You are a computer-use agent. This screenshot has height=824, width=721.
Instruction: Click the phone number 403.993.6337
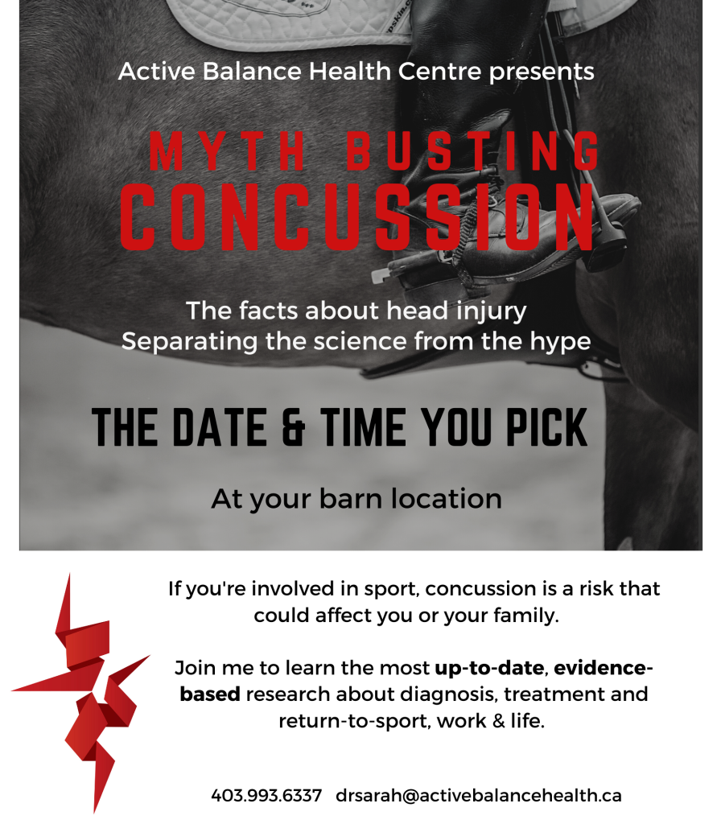[266, 795]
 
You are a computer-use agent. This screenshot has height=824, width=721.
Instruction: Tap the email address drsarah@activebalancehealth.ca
[478, 795]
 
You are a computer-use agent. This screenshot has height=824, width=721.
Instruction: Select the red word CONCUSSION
[357, 216]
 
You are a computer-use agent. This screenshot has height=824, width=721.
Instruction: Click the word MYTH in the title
[228, 151]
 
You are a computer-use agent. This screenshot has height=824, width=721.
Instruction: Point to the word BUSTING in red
[472, 151]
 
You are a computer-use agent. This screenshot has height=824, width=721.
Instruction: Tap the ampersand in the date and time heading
[293, 427]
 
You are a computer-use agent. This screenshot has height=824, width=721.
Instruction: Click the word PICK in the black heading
[546, 427]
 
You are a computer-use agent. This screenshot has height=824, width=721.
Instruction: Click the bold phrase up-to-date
[489, 669]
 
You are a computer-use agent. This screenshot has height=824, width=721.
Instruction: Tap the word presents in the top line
[542, 72]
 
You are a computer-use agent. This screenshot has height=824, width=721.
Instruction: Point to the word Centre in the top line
[439, 72]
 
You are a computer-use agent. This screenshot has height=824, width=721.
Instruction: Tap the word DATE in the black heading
[219, 427]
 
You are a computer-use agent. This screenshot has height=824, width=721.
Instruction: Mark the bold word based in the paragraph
[210, 694]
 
